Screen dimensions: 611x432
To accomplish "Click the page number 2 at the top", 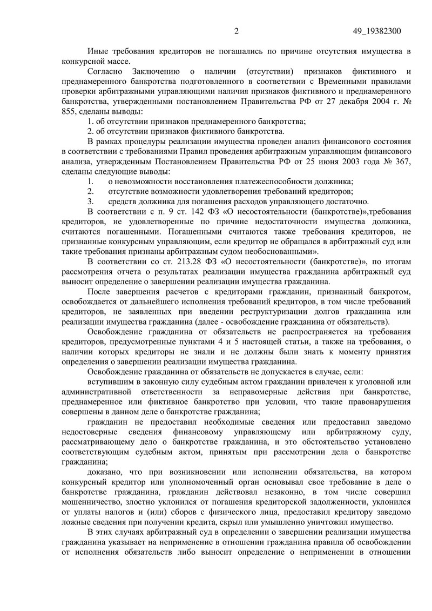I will [237, 31].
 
